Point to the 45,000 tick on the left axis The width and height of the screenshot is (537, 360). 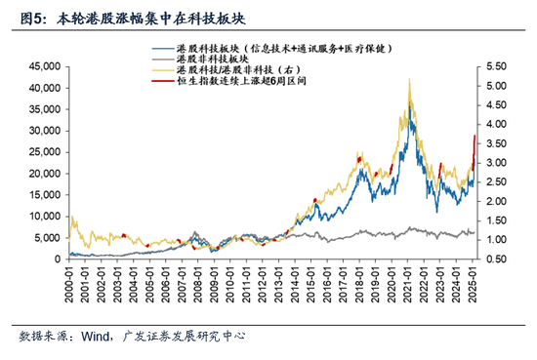point(44,66)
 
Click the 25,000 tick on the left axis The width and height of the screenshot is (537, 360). point(44,151)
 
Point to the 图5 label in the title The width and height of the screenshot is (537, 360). point(21,18)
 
